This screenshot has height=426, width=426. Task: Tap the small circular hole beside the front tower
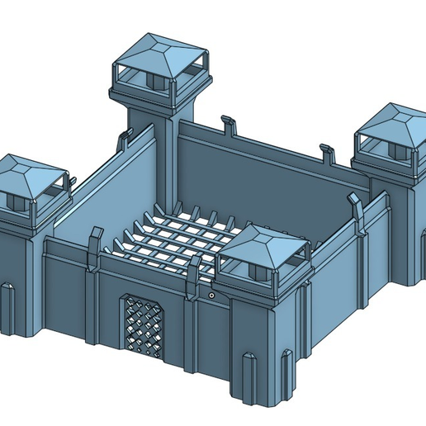[x=211, y=294]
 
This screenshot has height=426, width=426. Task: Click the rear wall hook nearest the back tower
[x=227, y=124]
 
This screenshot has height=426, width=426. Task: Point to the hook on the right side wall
[x=356, y=206]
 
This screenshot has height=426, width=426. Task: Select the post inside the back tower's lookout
[x=154, y=83]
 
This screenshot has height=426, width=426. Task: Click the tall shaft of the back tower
[x=165, y=157]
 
